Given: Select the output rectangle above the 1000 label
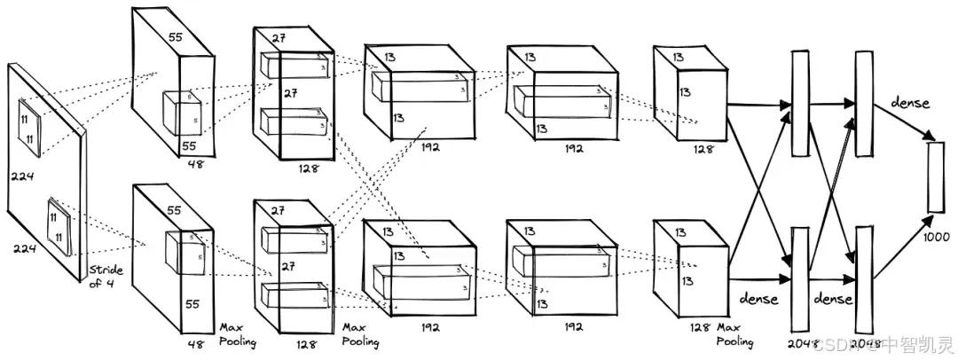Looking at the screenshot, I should coord(935,177).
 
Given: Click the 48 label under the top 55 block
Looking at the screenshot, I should coord(196,164).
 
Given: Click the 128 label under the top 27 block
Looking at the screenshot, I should coord(306,167).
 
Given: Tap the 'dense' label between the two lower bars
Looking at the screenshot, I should coord(832,299).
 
